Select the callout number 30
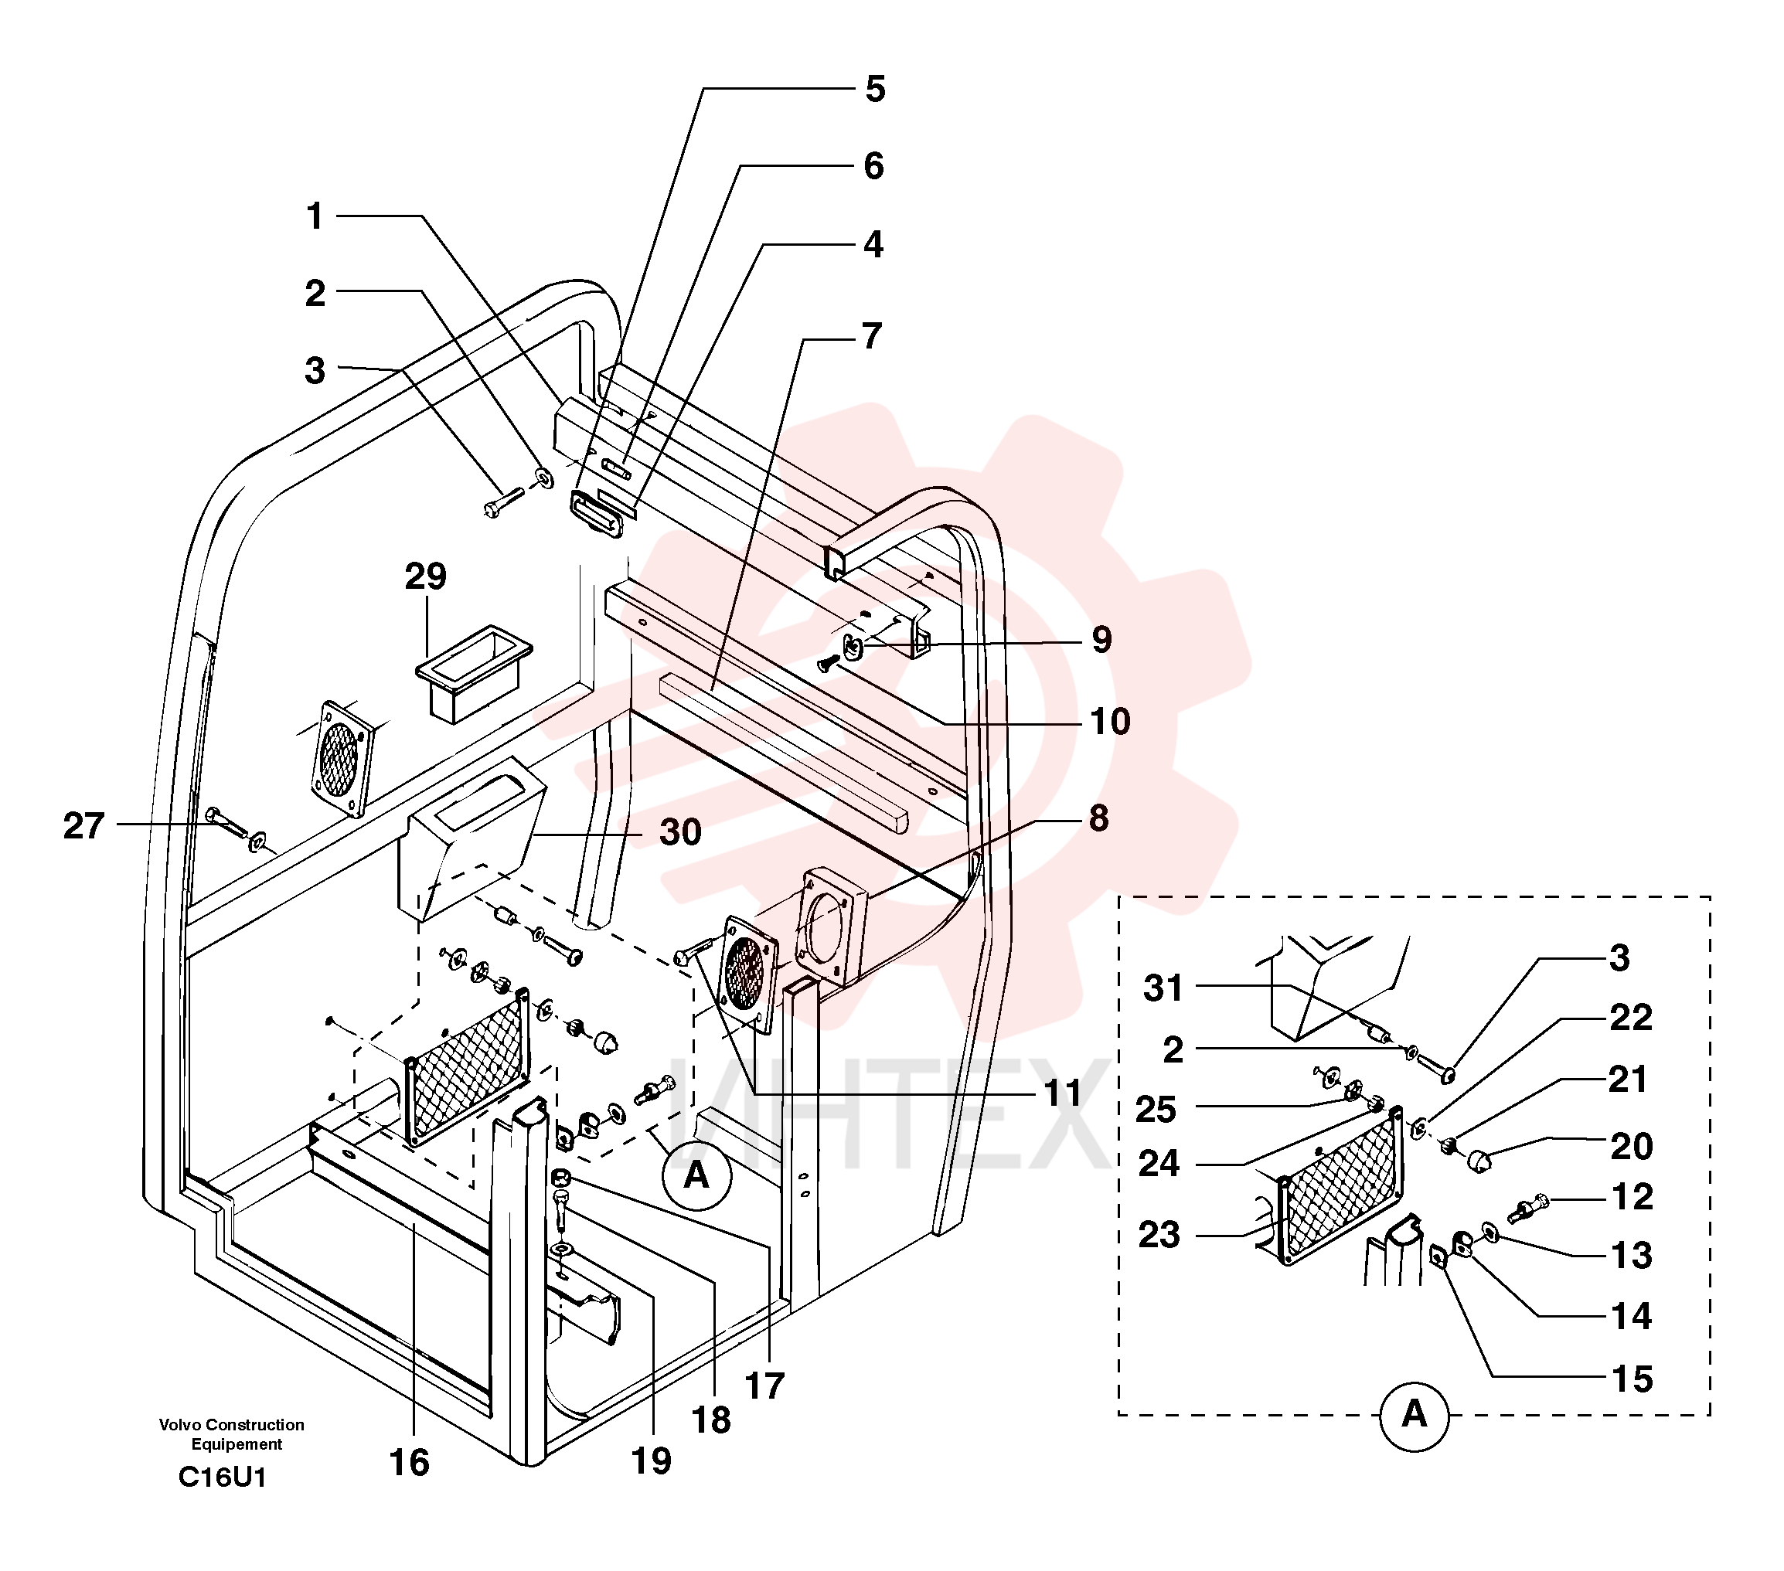[681, 832]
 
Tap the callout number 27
[83, 825]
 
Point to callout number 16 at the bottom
[410, 1463]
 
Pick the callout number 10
[1110, 722]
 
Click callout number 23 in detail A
[1159, 1235]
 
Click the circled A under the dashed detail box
[1414, 1416]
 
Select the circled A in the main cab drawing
[696, 1175]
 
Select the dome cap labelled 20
[1479, 1161]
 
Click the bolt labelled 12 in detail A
[1527, 1209]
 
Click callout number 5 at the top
[876, 89]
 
